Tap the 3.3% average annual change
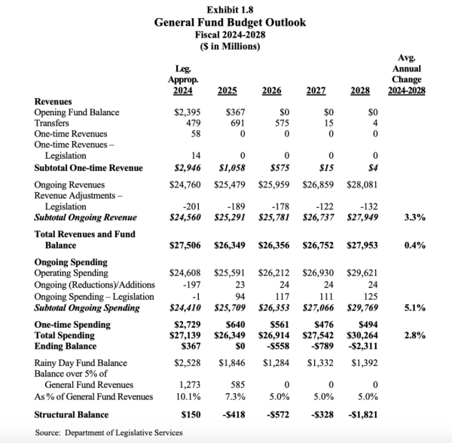415,217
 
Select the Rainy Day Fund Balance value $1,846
231,364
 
